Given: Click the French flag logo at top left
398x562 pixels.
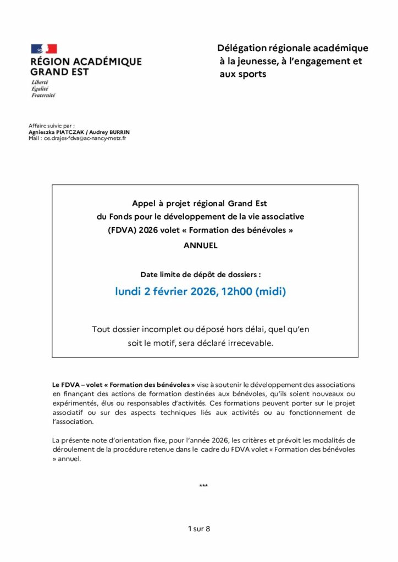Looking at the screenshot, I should [x=44, y=49].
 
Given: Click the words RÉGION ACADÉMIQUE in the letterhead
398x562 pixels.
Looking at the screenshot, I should [x=86, y=61].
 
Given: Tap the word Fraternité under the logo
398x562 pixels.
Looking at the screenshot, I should [x=43, y=95].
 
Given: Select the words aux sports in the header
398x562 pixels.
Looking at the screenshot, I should [x=242, y=74].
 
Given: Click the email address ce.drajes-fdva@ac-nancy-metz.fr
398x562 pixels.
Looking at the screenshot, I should [x=85, y=138].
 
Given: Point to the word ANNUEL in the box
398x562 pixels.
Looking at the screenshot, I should [x=201, y=245].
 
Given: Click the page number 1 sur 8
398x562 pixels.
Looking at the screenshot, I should [x=199, y=529].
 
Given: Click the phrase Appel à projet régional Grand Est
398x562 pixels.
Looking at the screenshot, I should [x=200, y=203].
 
